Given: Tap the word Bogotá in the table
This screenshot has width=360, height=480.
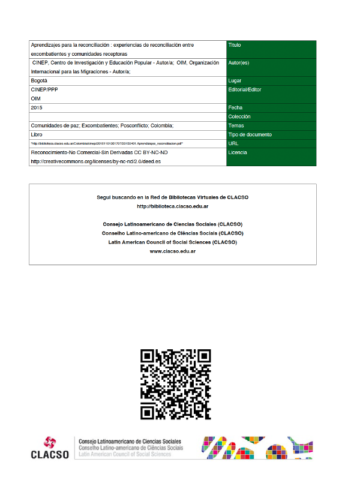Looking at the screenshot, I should point(38,80).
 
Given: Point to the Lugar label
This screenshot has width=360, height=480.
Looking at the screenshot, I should point(235,80).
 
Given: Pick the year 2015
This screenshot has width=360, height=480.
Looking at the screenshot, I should point(37,107).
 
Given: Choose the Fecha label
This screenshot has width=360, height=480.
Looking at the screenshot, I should point(236,107).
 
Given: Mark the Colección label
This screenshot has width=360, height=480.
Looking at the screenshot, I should point(239,116).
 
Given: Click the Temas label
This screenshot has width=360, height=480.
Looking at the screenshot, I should point(236,125).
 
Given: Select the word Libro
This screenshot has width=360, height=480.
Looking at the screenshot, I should point(37,134).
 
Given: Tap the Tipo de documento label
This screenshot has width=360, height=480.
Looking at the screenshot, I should point(250,134).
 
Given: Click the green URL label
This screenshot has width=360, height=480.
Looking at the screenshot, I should point(234,143).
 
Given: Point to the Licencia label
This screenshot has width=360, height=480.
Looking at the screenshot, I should point(238,152).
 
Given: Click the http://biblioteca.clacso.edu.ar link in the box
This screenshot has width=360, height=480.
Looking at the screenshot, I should point(173,206).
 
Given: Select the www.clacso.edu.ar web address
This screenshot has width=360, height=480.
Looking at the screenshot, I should point(173,251).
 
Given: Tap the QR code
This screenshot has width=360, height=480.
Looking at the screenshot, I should point(176,384).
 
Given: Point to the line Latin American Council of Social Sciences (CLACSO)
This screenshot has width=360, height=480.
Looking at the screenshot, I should point(173,242).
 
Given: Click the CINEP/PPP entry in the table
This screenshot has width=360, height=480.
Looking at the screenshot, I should point(45,89).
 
